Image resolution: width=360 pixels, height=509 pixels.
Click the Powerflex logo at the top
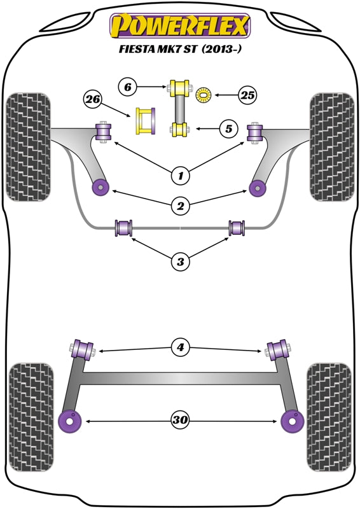[180, 26]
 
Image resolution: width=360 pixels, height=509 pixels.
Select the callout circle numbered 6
[127, 86]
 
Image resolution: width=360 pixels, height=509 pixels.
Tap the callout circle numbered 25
[247, 96]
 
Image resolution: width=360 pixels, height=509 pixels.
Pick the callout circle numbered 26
[93, 99]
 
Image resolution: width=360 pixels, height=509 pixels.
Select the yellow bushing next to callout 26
[145, 121]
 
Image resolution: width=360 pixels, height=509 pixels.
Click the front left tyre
[28, 146]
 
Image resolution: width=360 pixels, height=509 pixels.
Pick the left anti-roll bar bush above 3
[123, 227]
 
